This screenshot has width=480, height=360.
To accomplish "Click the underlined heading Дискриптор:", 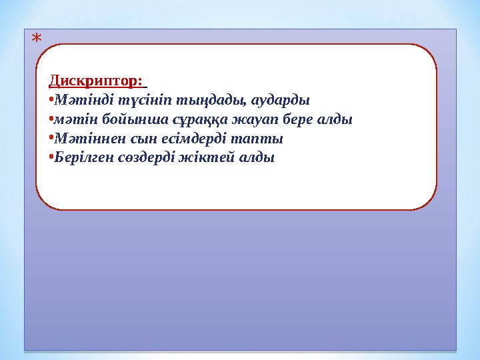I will coord(96,81).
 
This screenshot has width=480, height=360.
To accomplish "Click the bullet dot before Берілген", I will coord(51,159).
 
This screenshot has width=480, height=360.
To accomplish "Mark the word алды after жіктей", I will coord(257,159).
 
